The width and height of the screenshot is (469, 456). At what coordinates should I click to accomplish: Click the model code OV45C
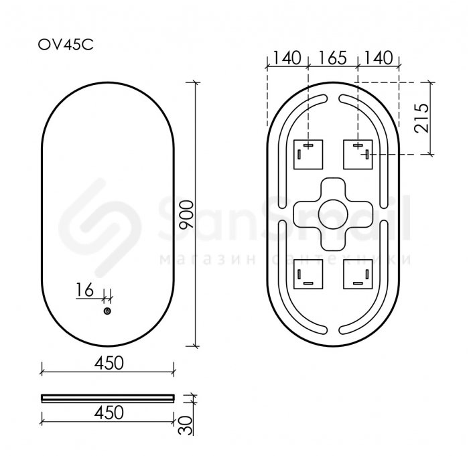point(66,45)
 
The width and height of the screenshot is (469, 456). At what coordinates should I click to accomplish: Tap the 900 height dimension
point(187,214)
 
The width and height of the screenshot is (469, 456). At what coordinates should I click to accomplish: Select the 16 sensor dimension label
point(84,290)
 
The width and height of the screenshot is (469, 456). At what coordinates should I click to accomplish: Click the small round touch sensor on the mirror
point(107,311)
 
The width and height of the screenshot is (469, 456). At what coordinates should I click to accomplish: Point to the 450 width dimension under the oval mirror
point(109,363)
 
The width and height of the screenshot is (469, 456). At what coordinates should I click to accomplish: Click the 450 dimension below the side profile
point(109,412)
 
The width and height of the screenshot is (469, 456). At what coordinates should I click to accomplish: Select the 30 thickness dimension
point(185,425)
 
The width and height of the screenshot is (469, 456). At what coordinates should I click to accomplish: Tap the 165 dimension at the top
point(332,58)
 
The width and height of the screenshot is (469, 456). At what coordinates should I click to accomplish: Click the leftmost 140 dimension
point(287,58)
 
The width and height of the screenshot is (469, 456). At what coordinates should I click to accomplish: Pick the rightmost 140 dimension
point(379,58)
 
